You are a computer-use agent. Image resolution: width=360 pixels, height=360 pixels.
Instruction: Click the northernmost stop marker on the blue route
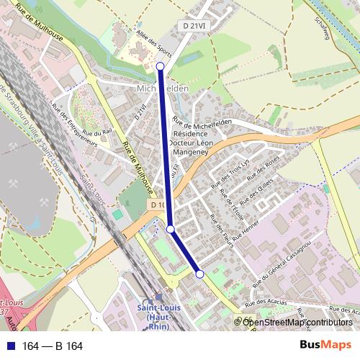pos(160,66)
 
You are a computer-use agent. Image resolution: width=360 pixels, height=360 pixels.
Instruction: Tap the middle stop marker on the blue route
pos(171,229)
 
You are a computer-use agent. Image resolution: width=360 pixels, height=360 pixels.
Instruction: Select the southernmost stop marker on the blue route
pos(199,274)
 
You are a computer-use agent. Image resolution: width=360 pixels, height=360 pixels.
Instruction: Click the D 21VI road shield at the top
pos(193,25)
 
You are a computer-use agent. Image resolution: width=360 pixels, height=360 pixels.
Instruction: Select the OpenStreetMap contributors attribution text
pos(297,322)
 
